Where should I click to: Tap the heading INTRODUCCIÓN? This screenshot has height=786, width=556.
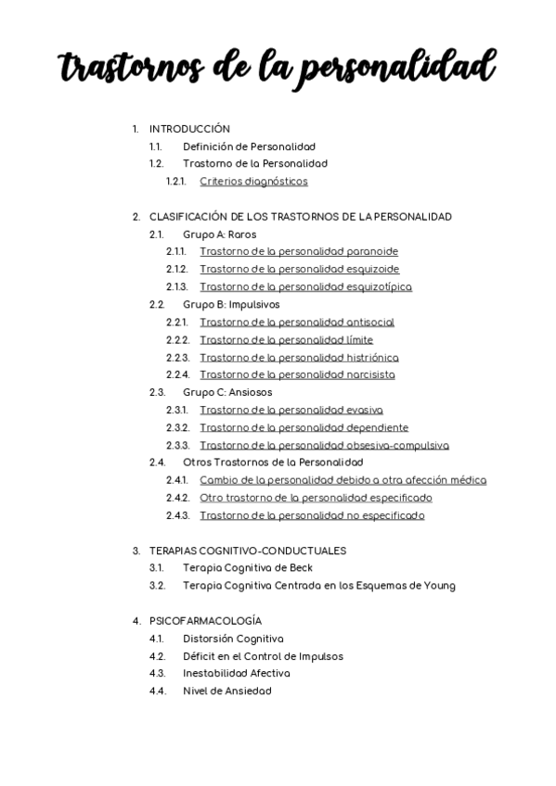point(189,129)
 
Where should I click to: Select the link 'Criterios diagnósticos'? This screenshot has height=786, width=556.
point(253,182)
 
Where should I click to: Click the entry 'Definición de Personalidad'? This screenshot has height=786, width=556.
point(249,146)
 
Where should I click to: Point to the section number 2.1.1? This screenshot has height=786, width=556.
point(176,251)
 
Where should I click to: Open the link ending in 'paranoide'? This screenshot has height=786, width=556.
point(299,251)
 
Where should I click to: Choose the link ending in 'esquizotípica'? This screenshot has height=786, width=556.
point(305,286)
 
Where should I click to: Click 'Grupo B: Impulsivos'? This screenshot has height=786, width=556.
point(231,304)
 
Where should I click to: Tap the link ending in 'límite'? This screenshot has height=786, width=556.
point(286,340)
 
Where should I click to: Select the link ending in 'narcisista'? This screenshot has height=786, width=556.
point(297,374)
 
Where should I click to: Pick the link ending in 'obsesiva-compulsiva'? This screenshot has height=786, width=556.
point(324,445)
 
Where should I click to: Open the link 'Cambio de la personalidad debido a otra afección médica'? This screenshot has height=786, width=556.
point(343,480)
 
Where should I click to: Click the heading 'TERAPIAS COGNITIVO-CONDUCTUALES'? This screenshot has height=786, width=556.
point(248,551)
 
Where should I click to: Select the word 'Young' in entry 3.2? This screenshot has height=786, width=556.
point(440,585)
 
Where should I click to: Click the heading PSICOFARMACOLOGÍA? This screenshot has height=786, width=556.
point(205,620)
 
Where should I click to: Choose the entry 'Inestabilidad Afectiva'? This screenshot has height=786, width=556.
point(237,673)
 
